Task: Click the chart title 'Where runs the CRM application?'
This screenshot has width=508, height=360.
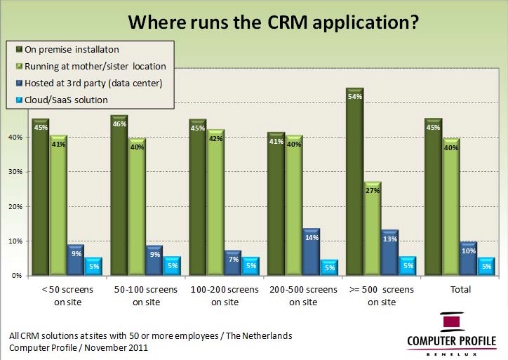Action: (273, 22)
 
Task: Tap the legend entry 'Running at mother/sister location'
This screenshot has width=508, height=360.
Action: (95, 66)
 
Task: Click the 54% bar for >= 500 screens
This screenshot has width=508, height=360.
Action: (354, 182)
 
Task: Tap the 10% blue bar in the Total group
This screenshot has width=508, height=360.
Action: (469, 260)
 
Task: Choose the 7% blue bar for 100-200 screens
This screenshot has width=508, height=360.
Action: (233, 264)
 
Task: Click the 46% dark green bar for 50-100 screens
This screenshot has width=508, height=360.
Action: (119, 196)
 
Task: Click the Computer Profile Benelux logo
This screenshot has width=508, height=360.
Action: (451, 333)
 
